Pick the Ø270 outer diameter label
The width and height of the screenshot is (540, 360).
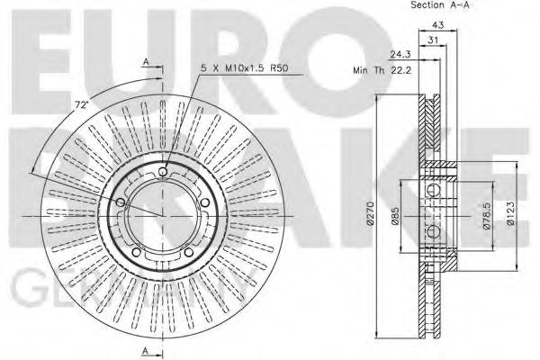[369, 215]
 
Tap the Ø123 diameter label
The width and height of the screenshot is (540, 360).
[509, 215]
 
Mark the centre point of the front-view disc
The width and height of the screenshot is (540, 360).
[161, 216]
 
